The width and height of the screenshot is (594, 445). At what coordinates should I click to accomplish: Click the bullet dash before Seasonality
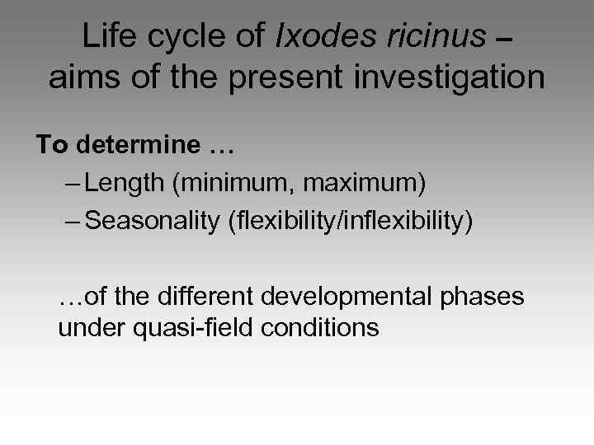point(72,221)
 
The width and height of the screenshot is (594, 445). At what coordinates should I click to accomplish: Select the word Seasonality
point(156,221)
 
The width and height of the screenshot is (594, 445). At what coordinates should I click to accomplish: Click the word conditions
point(320,328)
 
